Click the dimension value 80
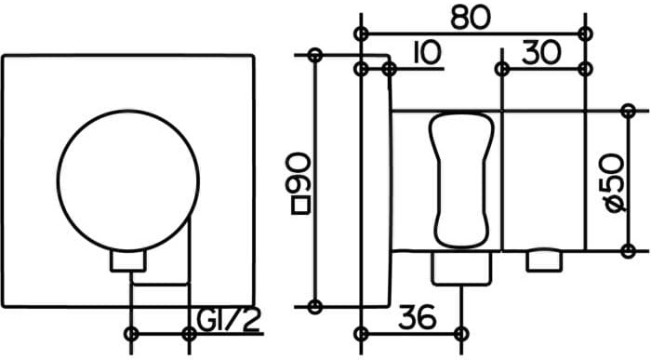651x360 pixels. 470,16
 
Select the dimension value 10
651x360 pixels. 423,53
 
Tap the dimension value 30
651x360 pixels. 541,53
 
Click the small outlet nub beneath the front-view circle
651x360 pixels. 129,261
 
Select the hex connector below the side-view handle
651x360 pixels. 460,270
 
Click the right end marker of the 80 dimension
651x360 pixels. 584,33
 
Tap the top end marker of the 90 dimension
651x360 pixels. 315,56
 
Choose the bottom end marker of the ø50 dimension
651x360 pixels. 629,249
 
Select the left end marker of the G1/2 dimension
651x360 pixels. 131,332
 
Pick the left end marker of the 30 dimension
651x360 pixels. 501,69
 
